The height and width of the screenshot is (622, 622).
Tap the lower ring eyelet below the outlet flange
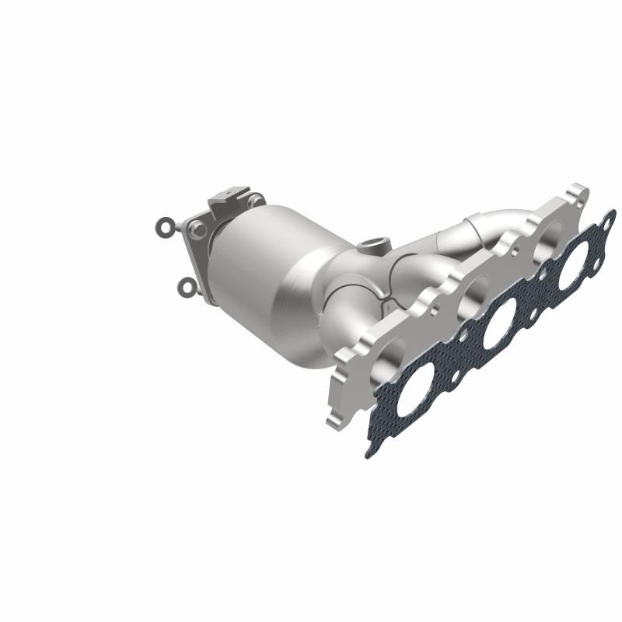187,288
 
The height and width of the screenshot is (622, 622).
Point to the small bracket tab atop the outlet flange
229,197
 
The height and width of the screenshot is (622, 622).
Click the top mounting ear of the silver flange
578,192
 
